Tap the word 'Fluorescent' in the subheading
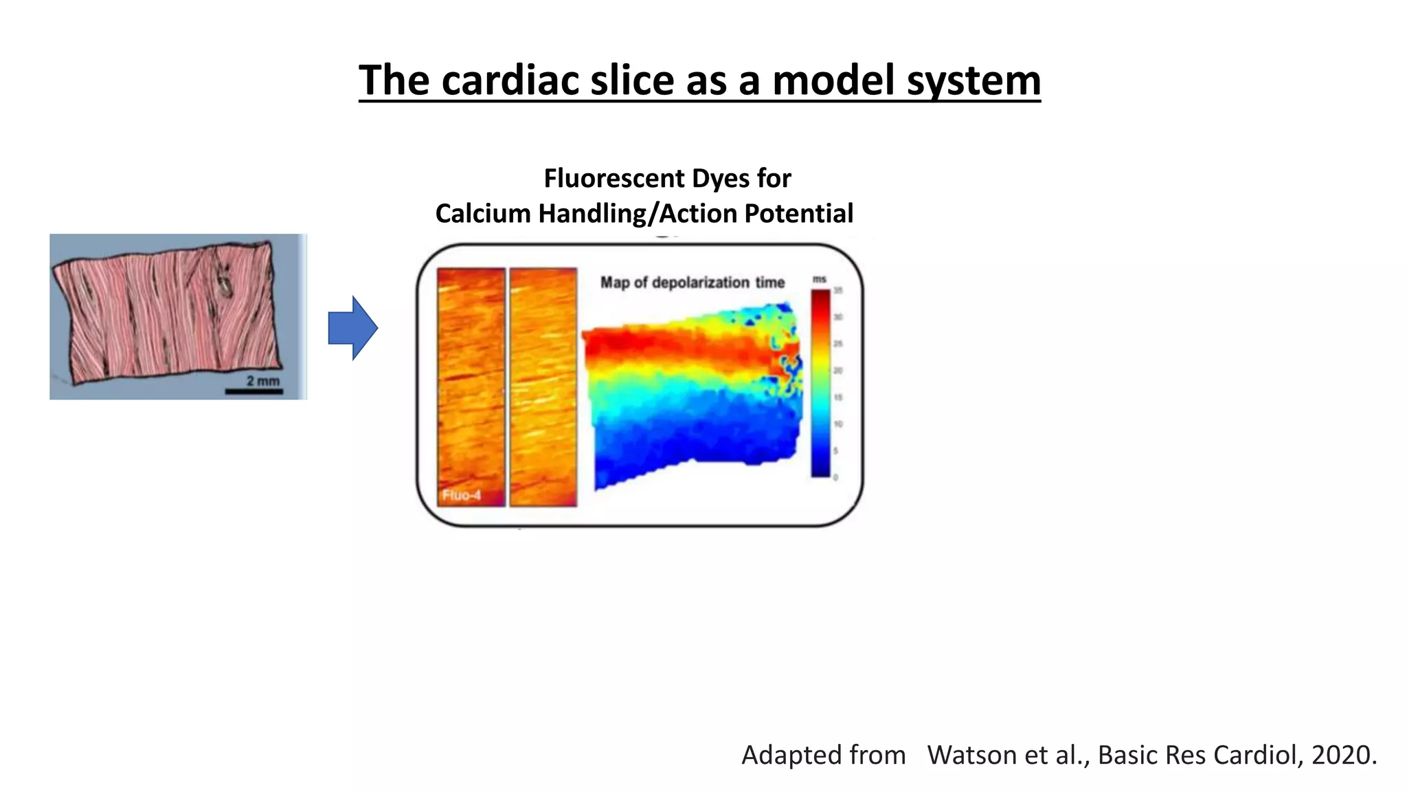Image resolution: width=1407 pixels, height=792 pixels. pos(614,179)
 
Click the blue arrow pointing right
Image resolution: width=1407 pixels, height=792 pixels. pos(352,328)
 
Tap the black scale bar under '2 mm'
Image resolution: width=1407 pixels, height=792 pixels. pos(254,392)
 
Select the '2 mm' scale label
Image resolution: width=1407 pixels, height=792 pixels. pos(263,380)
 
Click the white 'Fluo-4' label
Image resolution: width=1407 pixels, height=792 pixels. pos(461,495)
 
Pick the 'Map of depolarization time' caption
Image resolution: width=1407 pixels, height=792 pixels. pos(692,283)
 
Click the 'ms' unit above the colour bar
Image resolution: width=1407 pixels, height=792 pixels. pos(819,279)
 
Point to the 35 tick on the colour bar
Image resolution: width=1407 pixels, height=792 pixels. pos(837,291)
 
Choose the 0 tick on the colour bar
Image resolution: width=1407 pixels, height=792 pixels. pos(835,477)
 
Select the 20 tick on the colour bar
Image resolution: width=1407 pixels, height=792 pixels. pos(837,371)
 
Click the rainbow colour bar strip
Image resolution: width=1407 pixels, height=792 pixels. pos(820,382)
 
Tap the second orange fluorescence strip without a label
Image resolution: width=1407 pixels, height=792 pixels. pos(543,387)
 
